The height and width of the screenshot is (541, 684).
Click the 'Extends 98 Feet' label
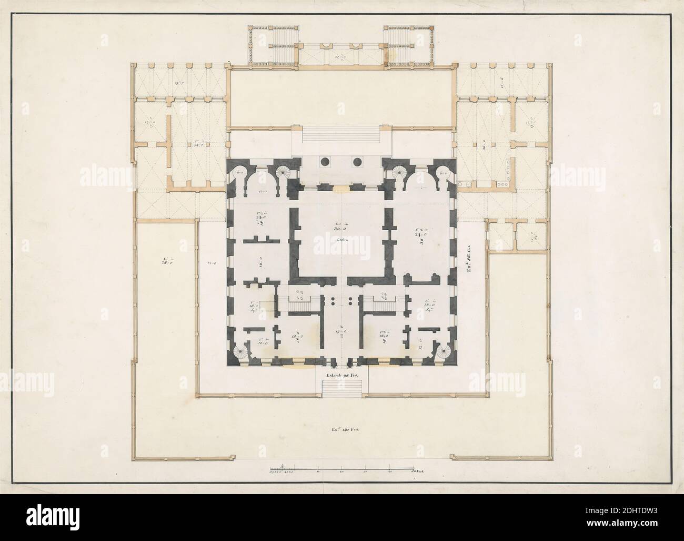pyautogui.click(x=343, y=375)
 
